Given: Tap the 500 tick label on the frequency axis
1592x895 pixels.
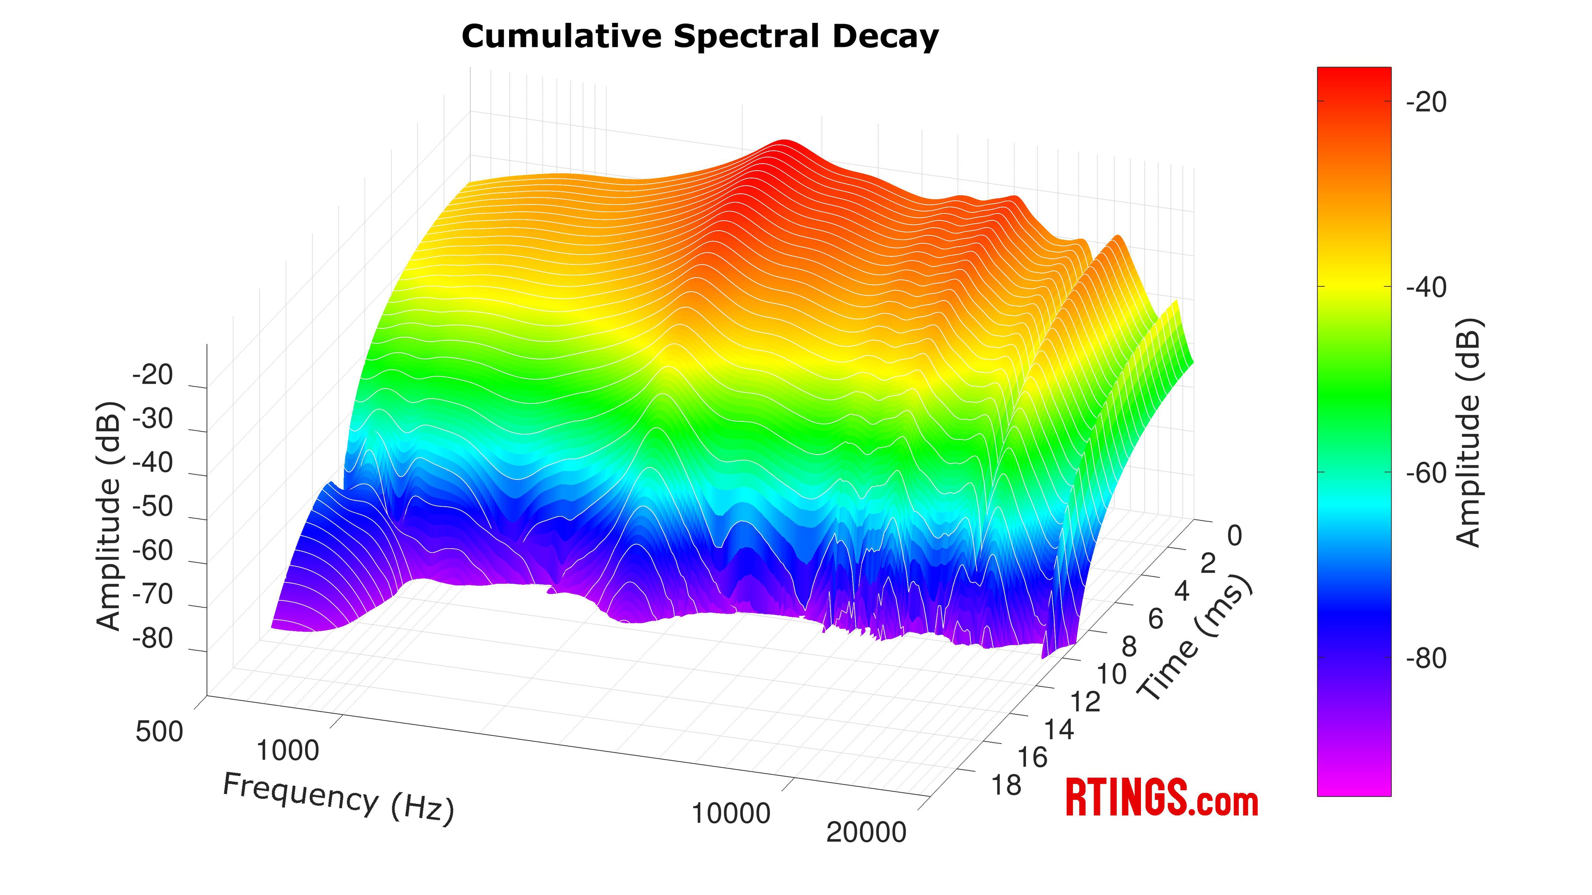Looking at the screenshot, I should click(x=160, y=732).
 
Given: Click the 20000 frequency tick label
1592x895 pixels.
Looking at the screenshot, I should click(x=866, y=832).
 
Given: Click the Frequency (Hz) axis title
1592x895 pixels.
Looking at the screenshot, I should click(x=338, y=798).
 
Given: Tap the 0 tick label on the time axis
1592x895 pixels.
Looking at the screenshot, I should click(x=1234, y=536).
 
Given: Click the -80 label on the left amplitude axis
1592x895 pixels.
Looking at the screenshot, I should click(x=153, y=639).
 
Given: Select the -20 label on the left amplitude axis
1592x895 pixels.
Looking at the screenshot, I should click(x=153, y=375).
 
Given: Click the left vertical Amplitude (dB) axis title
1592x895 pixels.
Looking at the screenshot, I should click(x=110, y=516).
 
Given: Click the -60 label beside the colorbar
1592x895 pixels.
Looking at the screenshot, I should click(x=1426, y=473).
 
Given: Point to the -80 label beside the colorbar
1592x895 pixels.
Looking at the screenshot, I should click(x=1426, y=658).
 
